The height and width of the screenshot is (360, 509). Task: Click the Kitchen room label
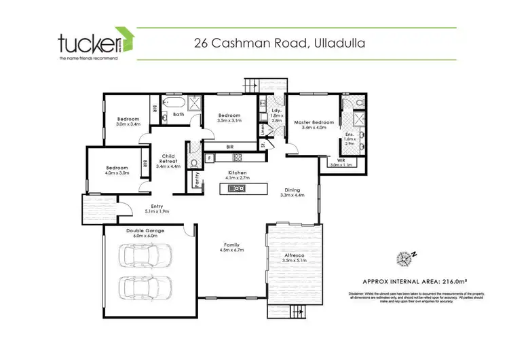tap(237, 173)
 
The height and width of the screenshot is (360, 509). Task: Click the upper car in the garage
tap(145, 256)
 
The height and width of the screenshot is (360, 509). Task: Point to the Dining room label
tap(293, 190)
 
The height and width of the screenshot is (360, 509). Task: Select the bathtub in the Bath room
tap(175, 103)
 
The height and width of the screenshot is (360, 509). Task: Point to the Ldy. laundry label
tap(276, 110)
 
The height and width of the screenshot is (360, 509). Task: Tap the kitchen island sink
tap(240, 188)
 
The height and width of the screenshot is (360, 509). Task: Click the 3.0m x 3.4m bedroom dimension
tap(128, 124)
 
